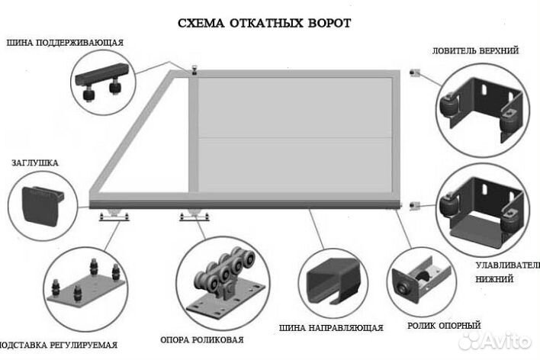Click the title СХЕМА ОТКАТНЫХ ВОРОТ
tap(264, 24)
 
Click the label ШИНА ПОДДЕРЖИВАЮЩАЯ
tap(65, 42)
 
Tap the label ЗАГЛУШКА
tap(35, 162)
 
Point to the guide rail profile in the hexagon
tap(326, 274)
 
